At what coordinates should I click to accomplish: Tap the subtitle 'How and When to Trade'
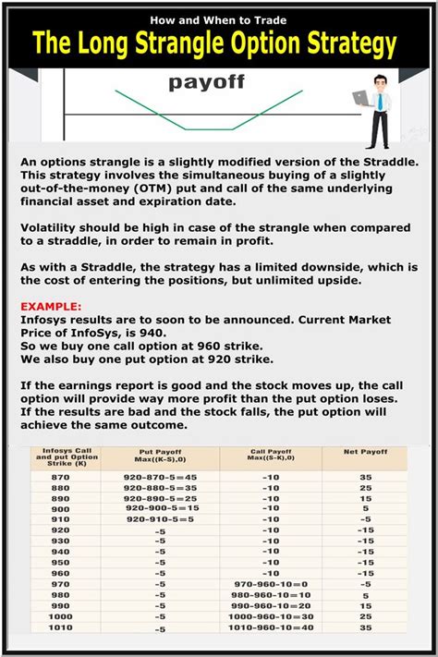[218, 17]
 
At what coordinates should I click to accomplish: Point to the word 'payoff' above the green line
[207, 83]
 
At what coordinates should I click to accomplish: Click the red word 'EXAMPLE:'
[52, 302]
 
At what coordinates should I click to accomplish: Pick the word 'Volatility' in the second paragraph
[55, 224]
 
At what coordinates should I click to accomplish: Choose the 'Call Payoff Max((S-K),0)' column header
[271, 457]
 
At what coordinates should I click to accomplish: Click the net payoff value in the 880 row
[366, 489]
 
